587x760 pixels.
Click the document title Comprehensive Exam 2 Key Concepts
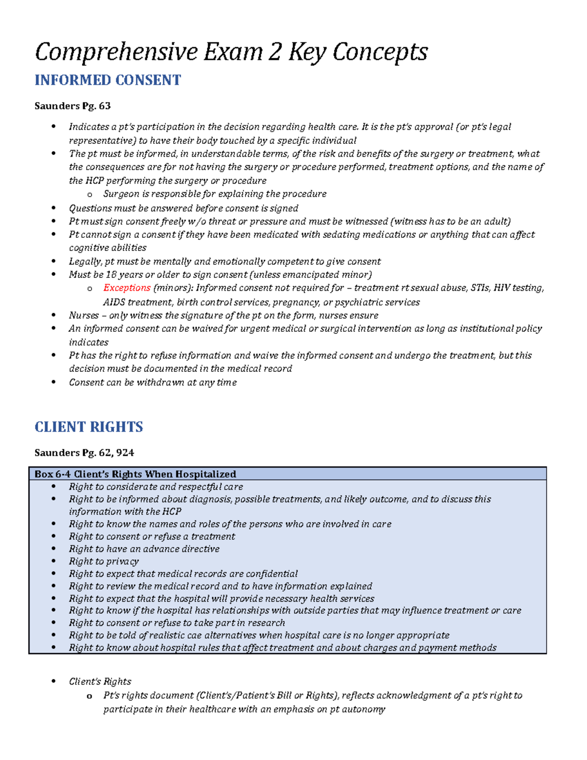(x=231, y=52)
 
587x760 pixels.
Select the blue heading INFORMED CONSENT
(x=108, y=80)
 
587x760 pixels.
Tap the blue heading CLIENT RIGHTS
(x=89, y=427)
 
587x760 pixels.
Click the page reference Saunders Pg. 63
(x=72, y=106)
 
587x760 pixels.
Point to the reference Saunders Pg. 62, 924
(x=84, y=453)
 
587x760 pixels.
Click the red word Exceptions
(x=127, y=288)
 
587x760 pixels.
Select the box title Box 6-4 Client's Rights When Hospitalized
(x=135, y=474)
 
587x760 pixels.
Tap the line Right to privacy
(x=104, y=561)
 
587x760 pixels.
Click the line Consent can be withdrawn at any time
(x=153, y=382)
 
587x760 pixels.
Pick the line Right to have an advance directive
(x=144, y=549)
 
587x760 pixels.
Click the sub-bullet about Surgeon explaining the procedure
(x=215, y=194)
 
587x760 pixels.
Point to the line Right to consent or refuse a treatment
(x=152, y=536)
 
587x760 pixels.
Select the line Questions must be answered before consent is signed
(x=183, y=208)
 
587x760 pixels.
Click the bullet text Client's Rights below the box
(x=100, y=681)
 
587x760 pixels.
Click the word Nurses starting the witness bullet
(x=84, y=315)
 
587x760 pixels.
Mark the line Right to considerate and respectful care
(x=156, y=486)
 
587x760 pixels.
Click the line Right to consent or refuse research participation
(x=177, y=622)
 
